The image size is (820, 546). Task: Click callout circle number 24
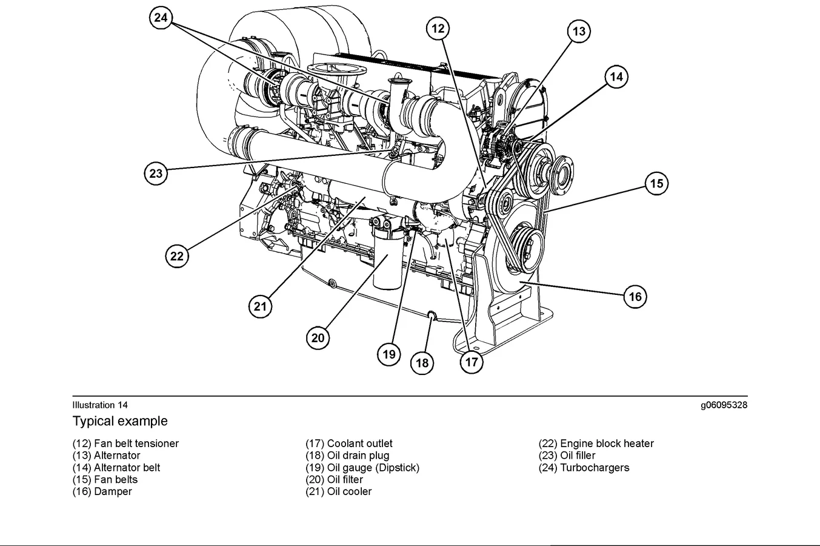coord(161,18)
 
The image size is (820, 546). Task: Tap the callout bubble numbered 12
coord(438,28)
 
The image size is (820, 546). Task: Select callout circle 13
coord(579,32)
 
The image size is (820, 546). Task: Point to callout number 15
coord(656,183)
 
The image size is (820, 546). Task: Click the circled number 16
coord(635,297)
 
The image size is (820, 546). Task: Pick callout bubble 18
coord(422,363)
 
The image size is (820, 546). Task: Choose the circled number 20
coord(318,337)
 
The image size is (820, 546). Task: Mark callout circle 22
coord(177,256)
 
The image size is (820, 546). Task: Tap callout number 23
coord(156,174)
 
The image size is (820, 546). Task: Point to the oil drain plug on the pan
coord(432,314)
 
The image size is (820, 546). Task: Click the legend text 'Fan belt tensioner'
coord(136,443)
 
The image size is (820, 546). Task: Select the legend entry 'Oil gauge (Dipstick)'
coord(373,468)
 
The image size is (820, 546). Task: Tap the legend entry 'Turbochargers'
coord(594,468)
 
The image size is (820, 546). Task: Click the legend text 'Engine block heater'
coord(606,443)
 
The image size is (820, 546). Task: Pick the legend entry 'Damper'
coord(112,491)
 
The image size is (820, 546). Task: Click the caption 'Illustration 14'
coord(100,405)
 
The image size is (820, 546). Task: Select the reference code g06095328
coord(724,405)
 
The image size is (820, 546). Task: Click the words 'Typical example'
coord(120,421)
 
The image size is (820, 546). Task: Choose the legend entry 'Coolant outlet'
coord(359,443)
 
